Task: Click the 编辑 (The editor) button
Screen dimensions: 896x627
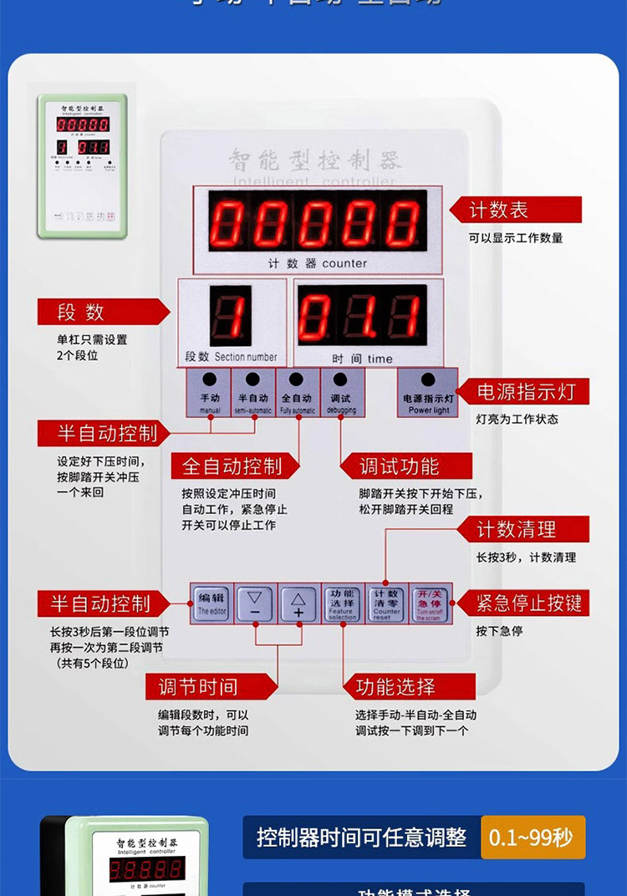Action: [212, 603]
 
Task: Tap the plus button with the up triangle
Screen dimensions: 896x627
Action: [298, 603]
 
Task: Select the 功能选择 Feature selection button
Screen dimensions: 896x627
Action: [342, 603]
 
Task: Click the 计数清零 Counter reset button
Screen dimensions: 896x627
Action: [386, 603]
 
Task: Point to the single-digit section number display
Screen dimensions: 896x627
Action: [231, 317]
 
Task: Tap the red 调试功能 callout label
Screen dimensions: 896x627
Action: [401, 466]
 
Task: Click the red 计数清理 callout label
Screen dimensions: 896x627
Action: [517, 529]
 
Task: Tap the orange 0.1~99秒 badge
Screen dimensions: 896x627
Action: [533, 837]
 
